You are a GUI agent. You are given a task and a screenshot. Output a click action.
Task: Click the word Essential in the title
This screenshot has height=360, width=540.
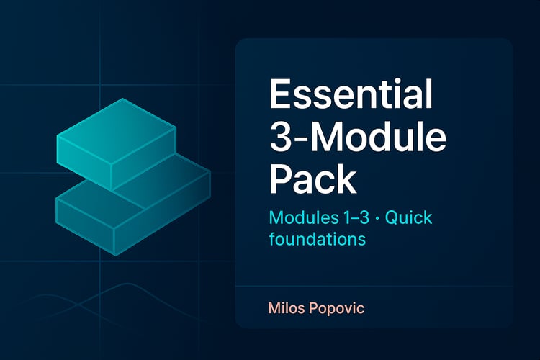pos(351,94)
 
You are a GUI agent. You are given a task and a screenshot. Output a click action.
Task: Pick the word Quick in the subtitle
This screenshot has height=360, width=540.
pos(408,218)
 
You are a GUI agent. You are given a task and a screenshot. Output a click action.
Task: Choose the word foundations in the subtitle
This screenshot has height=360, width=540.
pos(318,238)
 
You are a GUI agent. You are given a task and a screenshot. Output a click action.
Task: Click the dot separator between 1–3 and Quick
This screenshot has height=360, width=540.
pos(377,218)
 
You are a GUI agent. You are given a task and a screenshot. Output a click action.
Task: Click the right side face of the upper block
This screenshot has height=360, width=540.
pos(144,159)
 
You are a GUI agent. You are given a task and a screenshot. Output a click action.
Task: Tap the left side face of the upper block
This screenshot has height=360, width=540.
pos(84,163)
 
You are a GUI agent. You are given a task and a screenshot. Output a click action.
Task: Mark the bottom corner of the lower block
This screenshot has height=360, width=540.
pos(114,256)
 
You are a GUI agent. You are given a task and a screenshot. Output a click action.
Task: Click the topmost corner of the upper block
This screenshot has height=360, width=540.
pos(122,99)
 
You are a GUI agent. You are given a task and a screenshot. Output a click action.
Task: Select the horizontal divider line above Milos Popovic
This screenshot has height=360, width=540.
pos(374,286)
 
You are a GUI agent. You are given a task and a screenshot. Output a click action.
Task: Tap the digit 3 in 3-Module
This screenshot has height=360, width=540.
pos(280,137)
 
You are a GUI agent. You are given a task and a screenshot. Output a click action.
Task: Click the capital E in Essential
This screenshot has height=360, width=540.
pos(279,94)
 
